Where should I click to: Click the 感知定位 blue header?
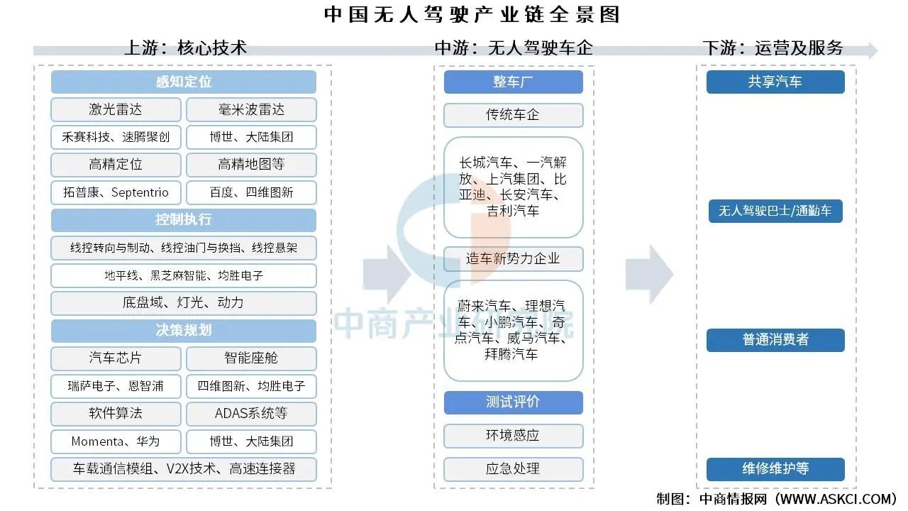184,82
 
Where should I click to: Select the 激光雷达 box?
116,109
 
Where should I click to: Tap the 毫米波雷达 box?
251,109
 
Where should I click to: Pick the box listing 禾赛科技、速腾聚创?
116,137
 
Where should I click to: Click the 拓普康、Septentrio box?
116,192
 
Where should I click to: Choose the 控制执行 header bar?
184,220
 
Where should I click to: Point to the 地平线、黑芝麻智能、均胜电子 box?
184,276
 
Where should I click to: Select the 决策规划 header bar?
184,331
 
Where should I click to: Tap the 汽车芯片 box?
116,358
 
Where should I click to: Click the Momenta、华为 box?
116,441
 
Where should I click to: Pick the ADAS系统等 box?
251,414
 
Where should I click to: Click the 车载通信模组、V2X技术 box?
184,469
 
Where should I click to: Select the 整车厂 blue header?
513,82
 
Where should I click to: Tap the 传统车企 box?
513,115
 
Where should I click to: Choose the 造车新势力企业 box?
513,259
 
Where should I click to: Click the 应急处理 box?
513,469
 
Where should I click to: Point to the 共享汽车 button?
775,82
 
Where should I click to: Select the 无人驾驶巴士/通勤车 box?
775,211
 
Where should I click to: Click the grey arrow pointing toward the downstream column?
649,275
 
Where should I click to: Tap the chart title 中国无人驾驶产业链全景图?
472,15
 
